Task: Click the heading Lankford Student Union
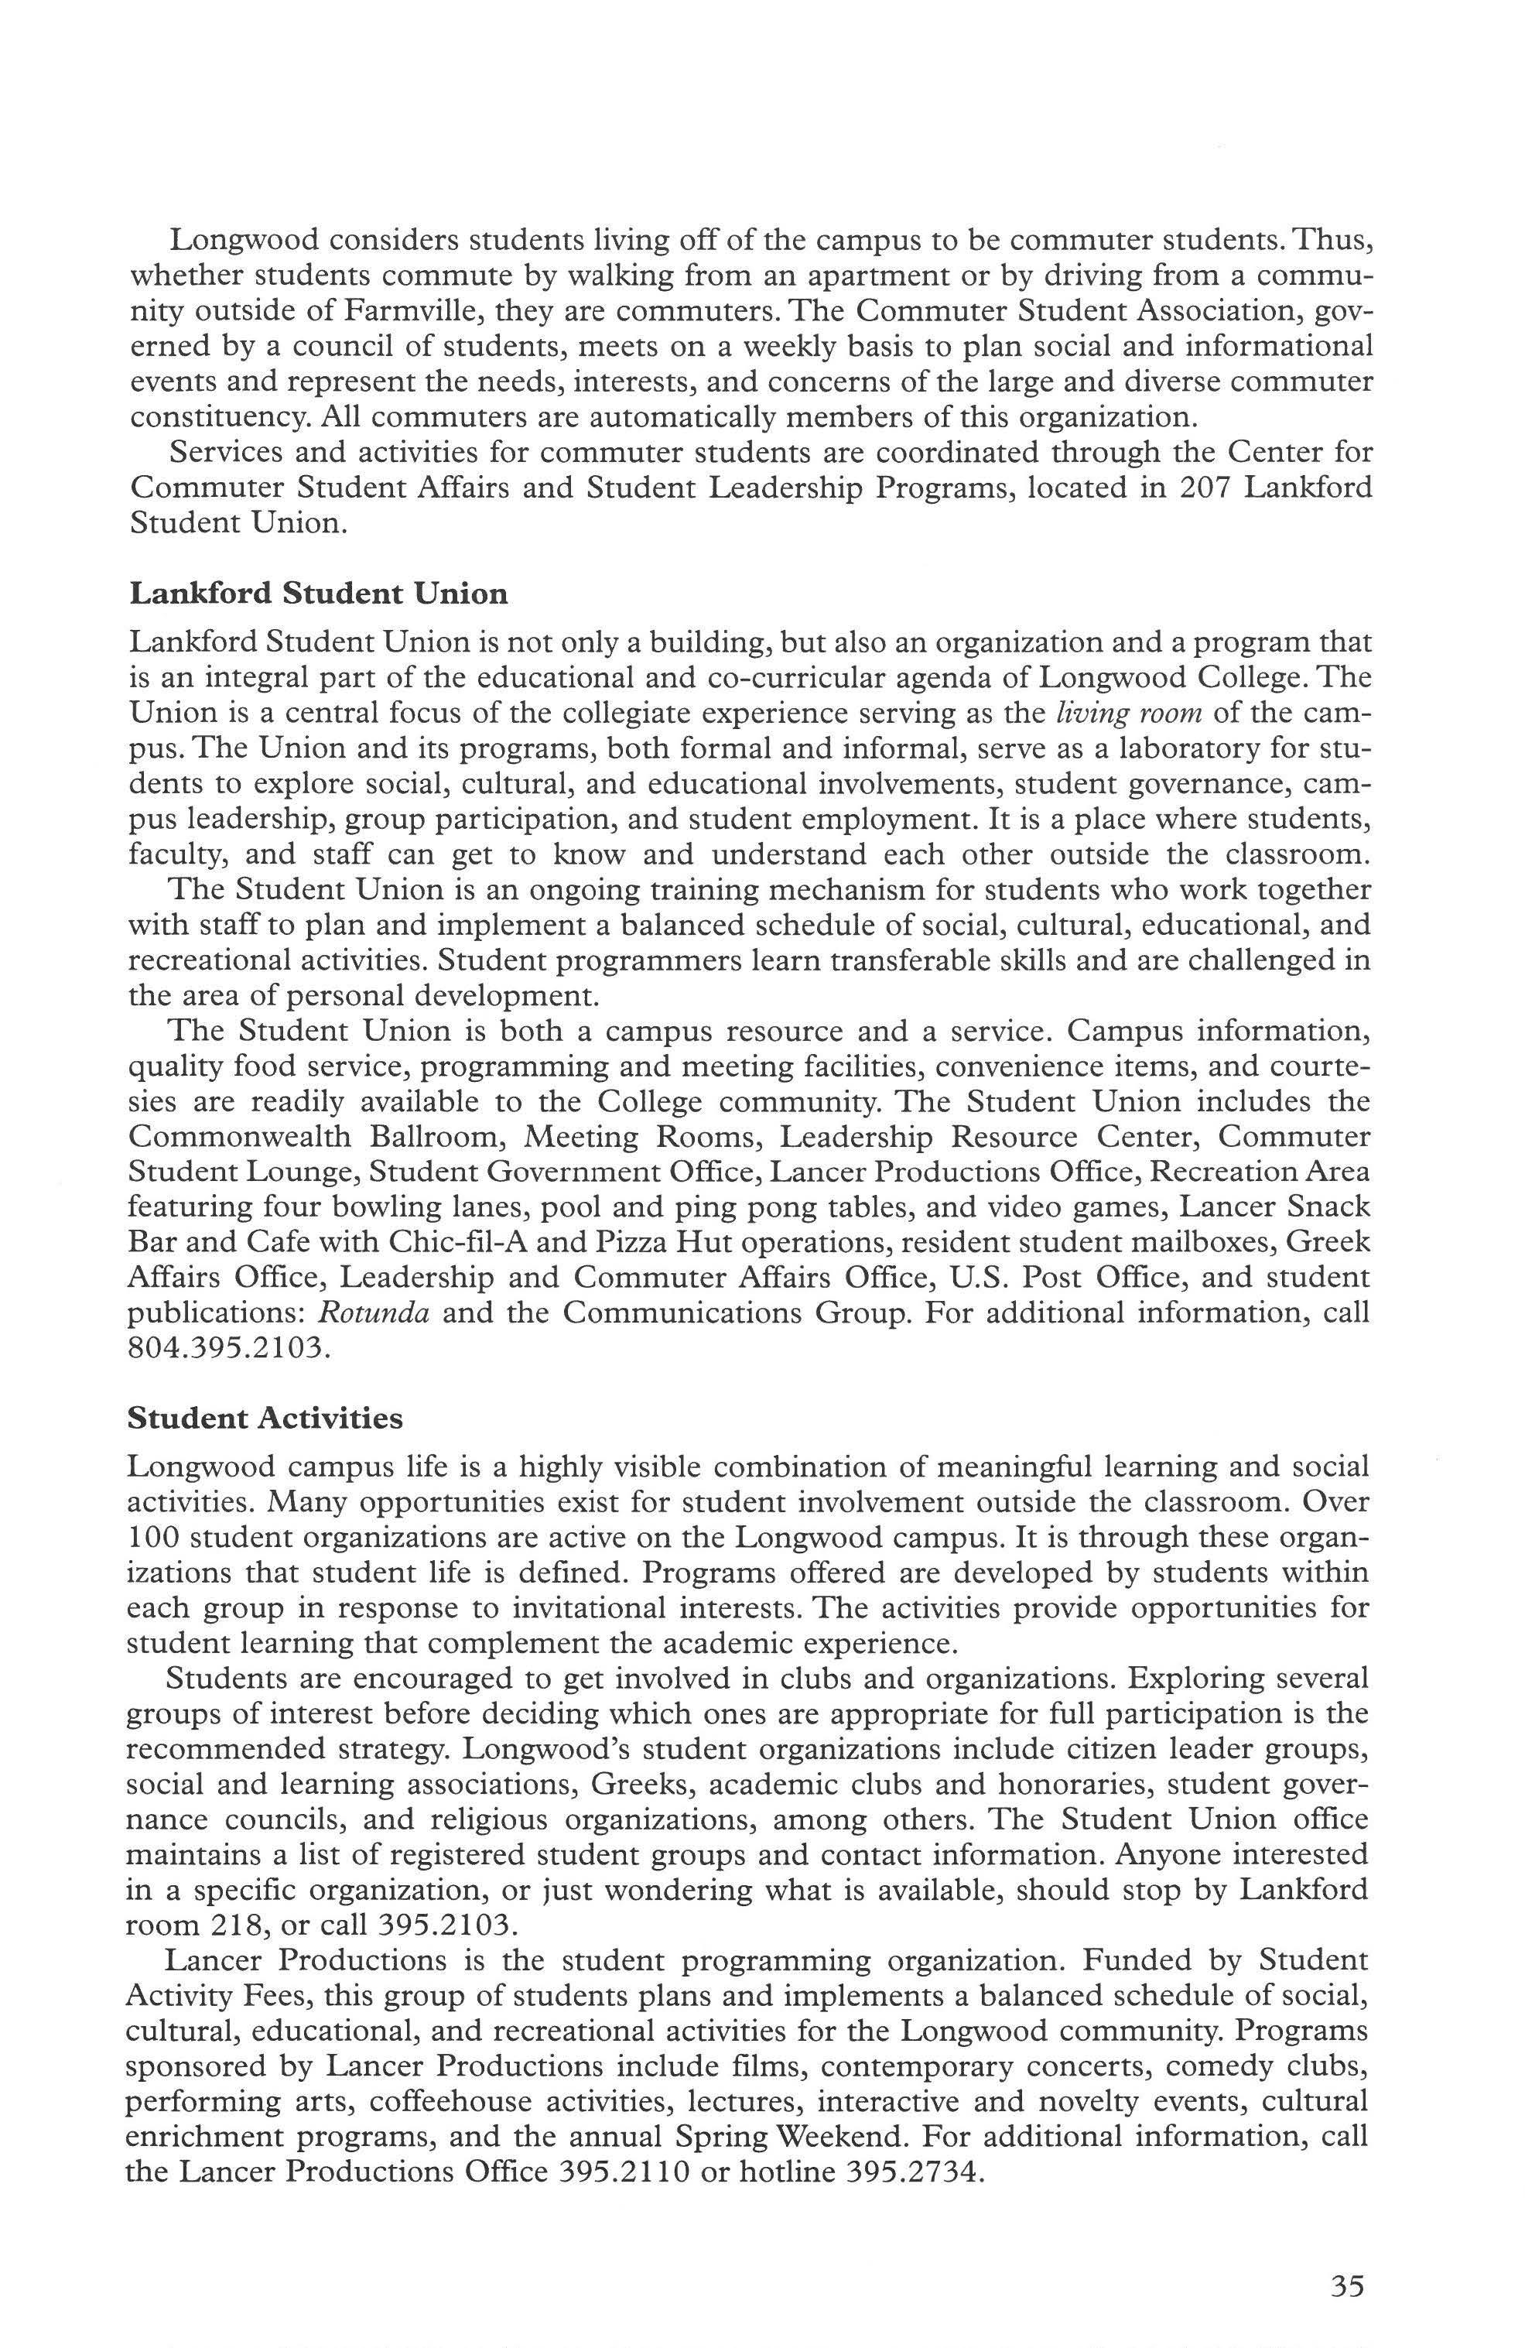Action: (x=319, y=594)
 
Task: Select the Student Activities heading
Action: (x=265, y=1418)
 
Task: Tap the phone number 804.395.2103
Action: (x=226, y=1347)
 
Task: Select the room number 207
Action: (x=1205, y=488)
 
